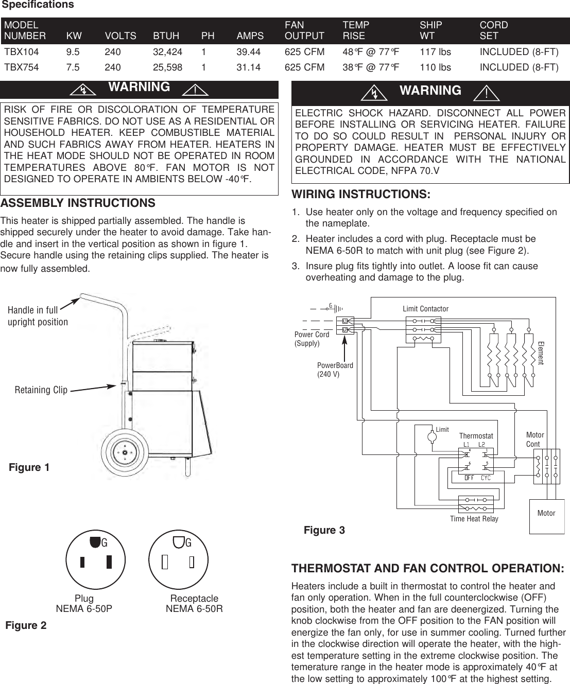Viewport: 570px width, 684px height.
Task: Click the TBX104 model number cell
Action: click(21, 51)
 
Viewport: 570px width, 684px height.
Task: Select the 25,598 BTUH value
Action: click(167, 67)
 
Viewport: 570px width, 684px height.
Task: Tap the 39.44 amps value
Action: click(248, 51)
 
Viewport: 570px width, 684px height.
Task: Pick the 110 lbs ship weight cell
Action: click(435, 67)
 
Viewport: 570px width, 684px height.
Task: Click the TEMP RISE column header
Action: click(356, 30)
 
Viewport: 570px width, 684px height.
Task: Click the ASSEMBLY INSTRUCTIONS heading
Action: click(78, 203)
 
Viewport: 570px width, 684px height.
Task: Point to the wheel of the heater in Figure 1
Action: click(125, 452)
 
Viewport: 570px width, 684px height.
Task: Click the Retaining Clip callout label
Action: click(41, 390)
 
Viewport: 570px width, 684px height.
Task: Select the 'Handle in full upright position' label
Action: click(38, 316)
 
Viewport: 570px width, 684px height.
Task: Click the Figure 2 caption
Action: click(26, 625)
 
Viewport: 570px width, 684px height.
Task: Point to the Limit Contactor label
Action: click(425, 309)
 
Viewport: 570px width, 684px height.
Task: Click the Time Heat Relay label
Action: click(474, 519)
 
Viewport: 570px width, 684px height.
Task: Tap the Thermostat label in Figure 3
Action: click(476, 435)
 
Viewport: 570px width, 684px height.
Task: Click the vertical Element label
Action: click(540, 353)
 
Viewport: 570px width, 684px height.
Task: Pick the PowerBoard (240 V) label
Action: click(335, 370)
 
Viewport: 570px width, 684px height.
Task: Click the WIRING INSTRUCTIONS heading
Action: click(361, 195)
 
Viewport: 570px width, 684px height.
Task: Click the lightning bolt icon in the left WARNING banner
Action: click(82, 90)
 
